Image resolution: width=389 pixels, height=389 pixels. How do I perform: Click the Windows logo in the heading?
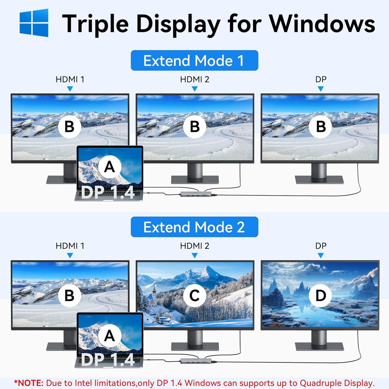coord(34,23)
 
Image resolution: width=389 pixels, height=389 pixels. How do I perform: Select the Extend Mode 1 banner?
coord(194,61)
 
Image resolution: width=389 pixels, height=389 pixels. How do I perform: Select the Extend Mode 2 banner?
coord(194,227)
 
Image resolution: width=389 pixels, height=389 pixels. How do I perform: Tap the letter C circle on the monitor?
coord(194,296)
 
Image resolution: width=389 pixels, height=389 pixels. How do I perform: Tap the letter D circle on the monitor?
coord(320,296)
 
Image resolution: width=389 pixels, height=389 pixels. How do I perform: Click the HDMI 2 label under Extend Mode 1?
coord(194,79)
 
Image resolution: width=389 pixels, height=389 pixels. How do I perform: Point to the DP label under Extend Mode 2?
coord(321,246)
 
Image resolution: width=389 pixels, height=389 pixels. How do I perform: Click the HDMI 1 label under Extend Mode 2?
coord(70,246)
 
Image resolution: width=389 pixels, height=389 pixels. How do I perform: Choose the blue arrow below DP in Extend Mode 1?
coord(320,89)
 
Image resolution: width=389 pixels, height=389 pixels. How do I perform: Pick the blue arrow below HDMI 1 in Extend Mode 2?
coord(70,255)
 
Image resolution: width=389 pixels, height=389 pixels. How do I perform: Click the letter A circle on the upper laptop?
coord(109,167)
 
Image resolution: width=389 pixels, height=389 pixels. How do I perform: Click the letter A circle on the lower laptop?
coord(109,336)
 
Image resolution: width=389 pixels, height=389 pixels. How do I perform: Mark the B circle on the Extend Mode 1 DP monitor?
coord(320,127)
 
